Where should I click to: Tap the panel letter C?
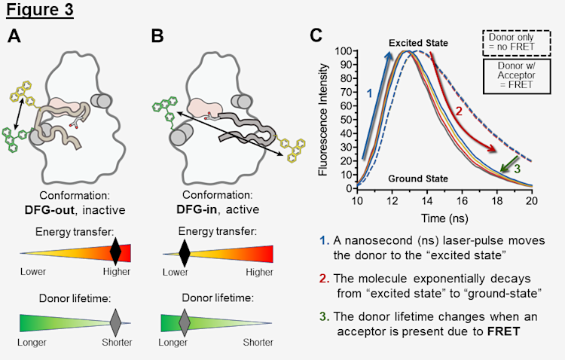click(x=317, y=35)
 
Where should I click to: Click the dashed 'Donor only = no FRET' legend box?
click(x=519, y=42)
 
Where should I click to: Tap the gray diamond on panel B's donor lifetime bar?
click(x=184, y=323)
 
